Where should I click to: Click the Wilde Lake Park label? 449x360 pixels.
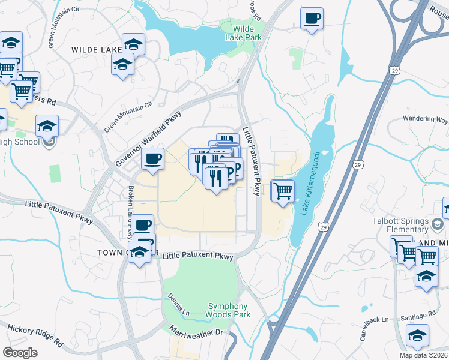[x=243, y=32]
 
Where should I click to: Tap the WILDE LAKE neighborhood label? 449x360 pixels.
[x=95, y=50]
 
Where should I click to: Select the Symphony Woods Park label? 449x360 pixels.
[x=228, y=310]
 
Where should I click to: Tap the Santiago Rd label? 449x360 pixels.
[x=418, y=316]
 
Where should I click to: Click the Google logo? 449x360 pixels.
[x=20, y=352]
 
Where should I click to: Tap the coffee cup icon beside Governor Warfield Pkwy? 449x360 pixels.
[x=152, y=159]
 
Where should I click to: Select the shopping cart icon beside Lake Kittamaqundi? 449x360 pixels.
[x=283, y=191]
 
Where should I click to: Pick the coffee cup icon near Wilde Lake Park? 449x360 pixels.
[x=312, y=19]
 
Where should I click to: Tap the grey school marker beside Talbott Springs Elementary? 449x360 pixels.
[x=436, y=224]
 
